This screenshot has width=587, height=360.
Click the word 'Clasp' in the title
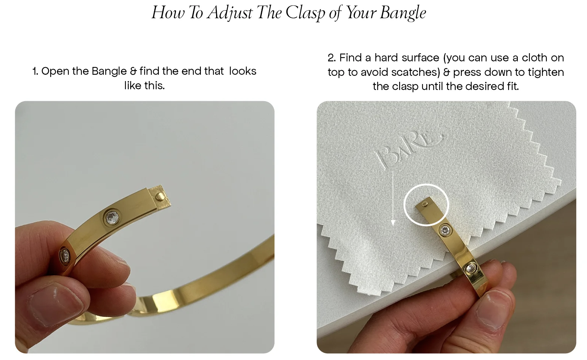[x=305, y=13]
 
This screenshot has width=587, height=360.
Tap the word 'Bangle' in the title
[x=403, y=13]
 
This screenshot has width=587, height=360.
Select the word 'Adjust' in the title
[x=230, y=13]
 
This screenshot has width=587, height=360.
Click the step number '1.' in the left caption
[x=35, y=71]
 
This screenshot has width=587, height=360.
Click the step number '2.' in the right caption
[x=332, y=58]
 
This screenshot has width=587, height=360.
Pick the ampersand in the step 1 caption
[x=134, y=71]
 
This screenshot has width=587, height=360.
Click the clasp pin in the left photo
[x=159, y=196]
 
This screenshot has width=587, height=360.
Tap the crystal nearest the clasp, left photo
[x=112, y=217]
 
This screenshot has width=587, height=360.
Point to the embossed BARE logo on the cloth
[x=409, y=150]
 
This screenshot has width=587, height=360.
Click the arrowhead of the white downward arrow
[x=393, y=223]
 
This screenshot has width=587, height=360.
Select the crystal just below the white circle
[x=445, y=230]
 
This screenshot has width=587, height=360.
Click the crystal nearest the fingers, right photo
[x=471, y=268]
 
